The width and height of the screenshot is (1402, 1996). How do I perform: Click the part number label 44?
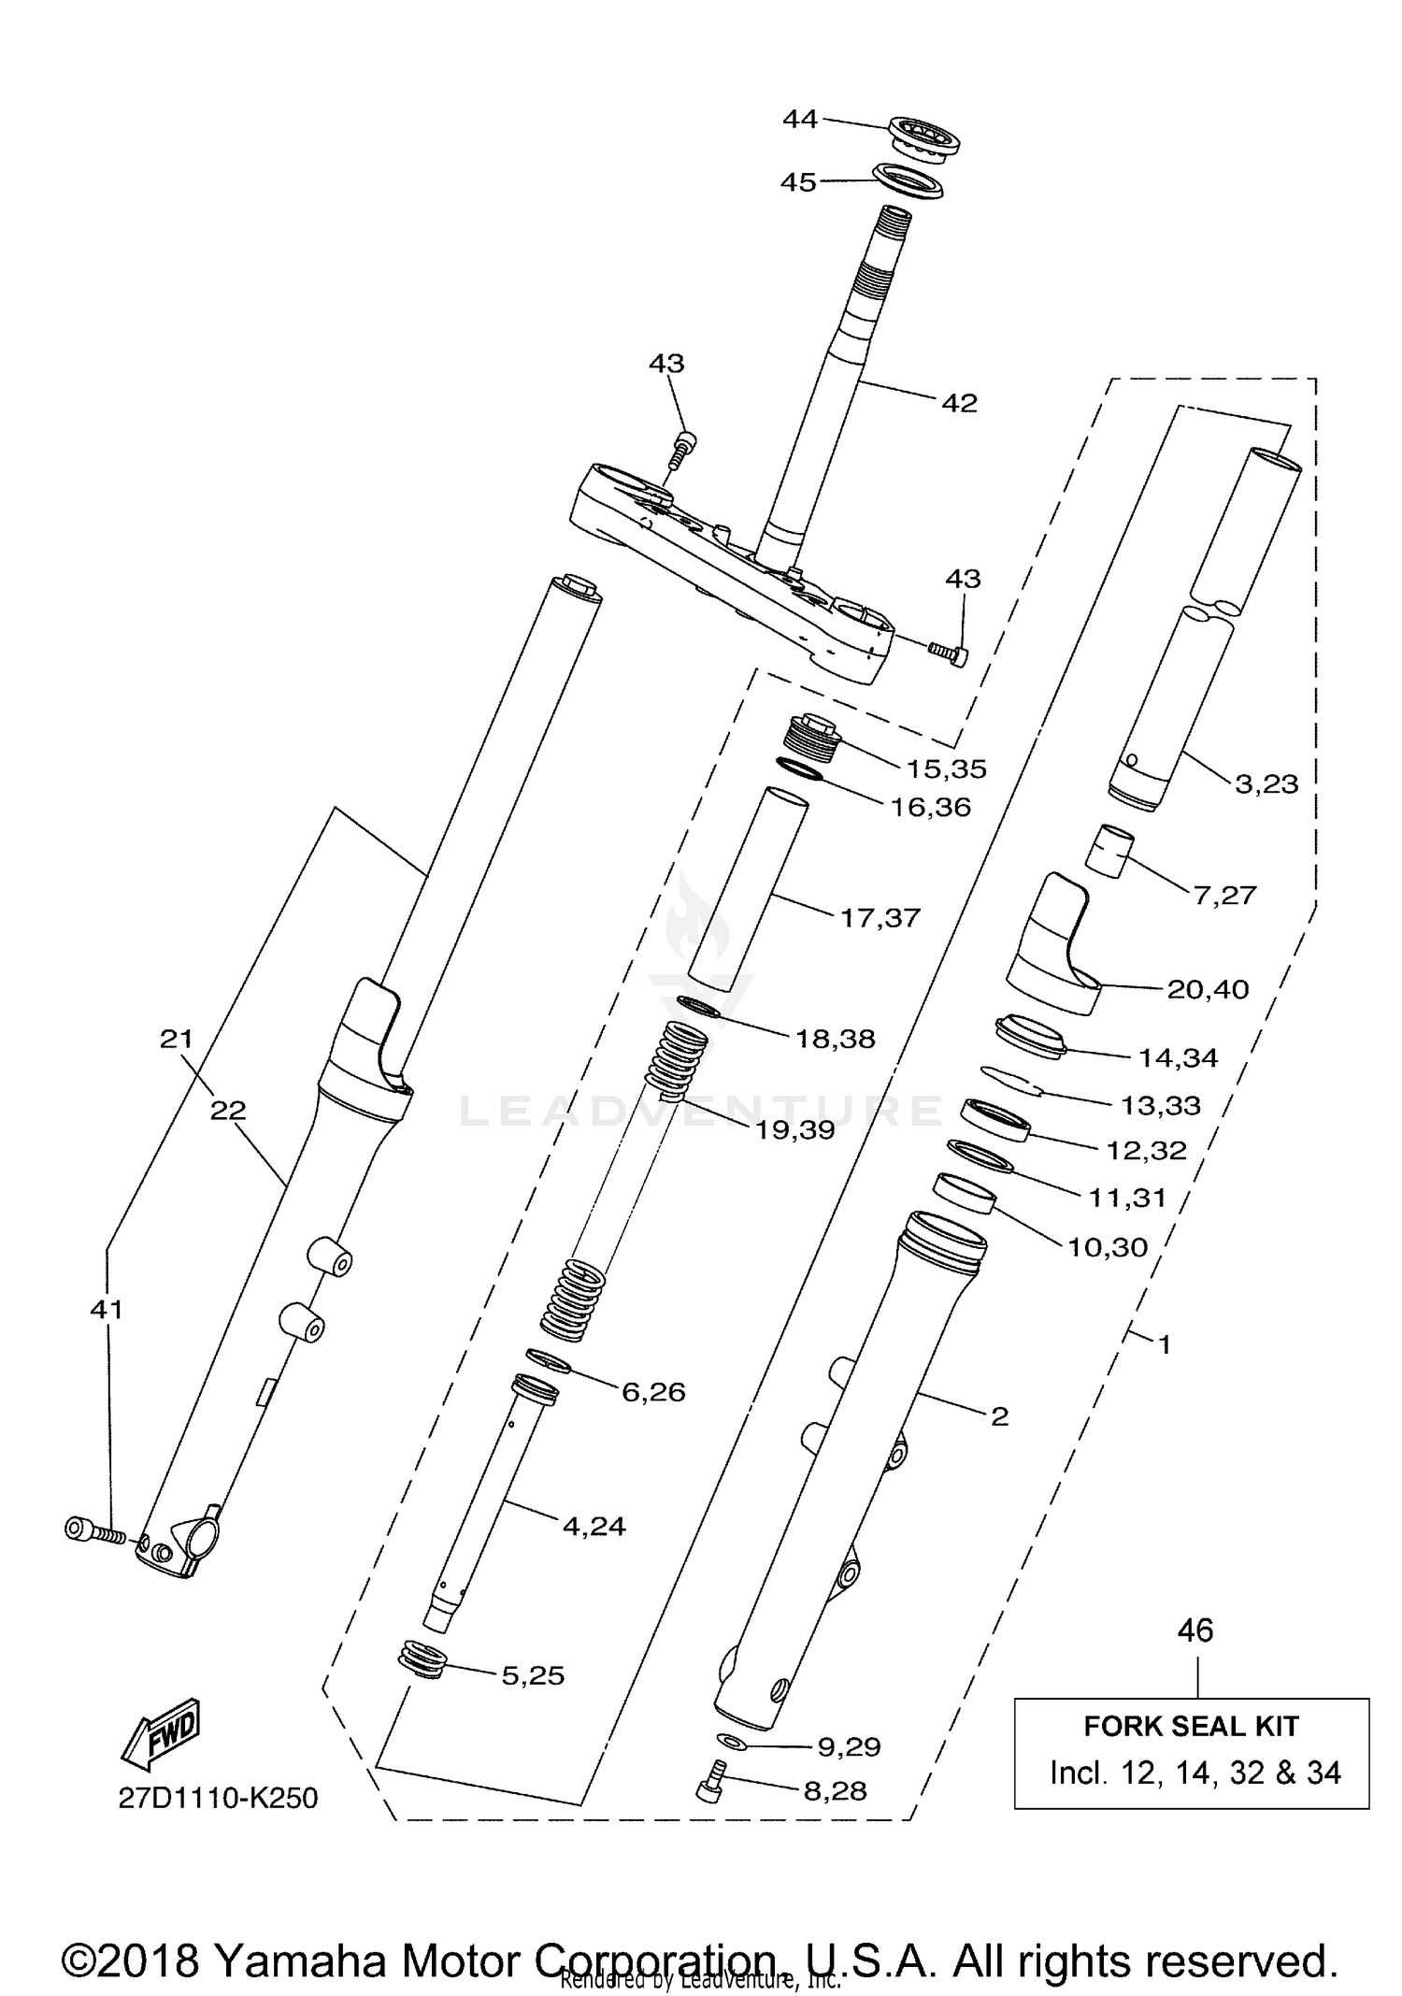[800, 119]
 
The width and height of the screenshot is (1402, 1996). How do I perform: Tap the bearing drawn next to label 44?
[924, 138]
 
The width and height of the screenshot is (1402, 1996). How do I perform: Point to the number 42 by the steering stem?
[959, 403]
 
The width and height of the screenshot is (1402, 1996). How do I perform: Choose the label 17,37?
[880, 917]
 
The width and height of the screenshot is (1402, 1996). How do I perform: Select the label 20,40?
[1208, 988]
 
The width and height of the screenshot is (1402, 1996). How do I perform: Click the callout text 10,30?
[1108, 1246]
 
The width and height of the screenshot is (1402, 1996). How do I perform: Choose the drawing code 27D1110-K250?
[218, 1798]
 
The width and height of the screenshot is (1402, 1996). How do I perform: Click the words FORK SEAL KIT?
[1191, 1726]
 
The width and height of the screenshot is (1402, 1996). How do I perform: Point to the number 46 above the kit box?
[1195, 1630]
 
